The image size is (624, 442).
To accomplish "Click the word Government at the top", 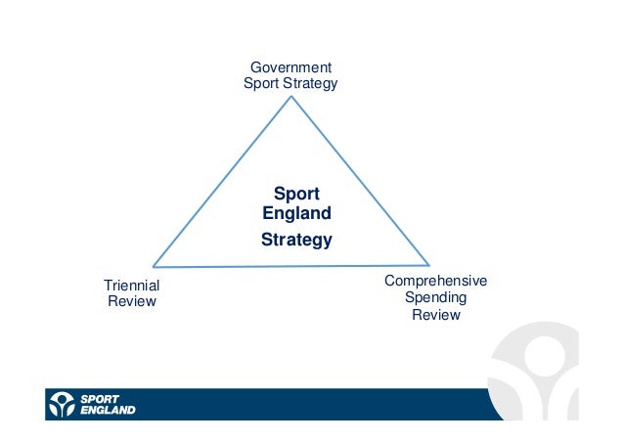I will [290, 67].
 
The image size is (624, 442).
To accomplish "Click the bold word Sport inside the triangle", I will [296, 194].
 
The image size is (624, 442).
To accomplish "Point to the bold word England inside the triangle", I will [296, 213].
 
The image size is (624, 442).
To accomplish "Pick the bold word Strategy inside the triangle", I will [296, 240].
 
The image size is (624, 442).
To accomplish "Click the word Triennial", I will [131, 285].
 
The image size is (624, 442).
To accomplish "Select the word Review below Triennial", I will [131, 301].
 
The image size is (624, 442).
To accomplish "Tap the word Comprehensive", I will [435, 282].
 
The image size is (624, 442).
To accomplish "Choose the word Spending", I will [435, 298].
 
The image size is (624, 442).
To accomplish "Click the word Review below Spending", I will [435, 315].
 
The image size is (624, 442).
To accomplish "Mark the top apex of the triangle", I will [290, 95].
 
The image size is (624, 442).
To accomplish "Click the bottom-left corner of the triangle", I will [153, 266].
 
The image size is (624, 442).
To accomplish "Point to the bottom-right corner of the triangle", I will [429, 264].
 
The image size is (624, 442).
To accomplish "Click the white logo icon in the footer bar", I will [63, 404].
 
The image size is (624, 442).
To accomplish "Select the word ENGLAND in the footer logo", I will [108, 410].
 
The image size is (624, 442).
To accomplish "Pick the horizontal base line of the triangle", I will [290, 265].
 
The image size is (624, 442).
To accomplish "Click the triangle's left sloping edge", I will [221, 181].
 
